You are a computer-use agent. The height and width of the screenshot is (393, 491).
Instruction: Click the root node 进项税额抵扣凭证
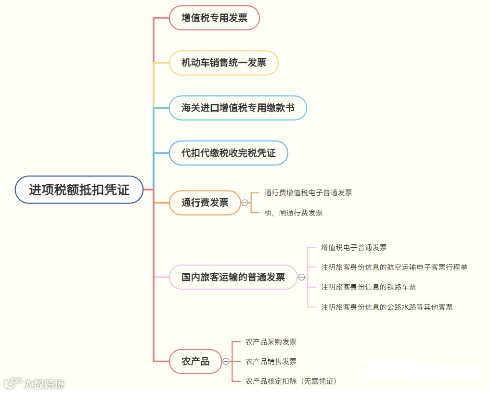(79, 190)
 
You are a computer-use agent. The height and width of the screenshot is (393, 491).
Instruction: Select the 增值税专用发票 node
(214, 18)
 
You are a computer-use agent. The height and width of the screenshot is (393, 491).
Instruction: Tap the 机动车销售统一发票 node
(223, 63)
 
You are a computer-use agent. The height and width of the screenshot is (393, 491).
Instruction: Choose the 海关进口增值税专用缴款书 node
(237, 108)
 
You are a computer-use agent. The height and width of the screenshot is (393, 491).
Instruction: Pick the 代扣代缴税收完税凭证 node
(228, 153)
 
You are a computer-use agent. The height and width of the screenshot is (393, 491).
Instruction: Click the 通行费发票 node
(205, 203)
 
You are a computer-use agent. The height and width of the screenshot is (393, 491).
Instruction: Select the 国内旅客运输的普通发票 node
(233, 277)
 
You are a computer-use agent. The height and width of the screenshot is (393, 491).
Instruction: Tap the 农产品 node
(195, 361)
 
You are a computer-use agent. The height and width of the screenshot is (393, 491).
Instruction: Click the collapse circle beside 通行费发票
(245, 203)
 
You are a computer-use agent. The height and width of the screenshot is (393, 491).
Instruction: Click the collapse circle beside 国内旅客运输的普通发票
(301, 277)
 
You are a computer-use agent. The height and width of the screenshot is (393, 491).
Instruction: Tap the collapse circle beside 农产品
(226, 361)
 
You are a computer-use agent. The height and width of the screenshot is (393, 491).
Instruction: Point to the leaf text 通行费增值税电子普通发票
(308, 193)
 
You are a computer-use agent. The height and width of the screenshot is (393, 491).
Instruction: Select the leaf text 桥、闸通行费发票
(293, 213)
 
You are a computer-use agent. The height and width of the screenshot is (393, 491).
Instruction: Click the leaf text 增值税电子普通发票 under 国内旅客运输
(353, 248)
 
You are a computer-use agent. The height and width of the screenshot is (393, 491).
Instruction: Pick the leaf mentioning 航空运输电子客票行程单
(394, 267)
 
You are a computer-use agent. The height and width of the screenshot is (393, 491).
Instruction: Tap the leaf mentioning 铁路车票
(368, 287)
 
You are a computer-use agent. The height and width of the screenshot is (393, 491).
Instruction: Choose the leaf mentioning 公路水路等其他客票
(387, 307)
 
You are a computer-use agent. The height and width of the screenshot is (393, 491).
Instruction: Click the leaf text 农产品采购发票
(271, 342)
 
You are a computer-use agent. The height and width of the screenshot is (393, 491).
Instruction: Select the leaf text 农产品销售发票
(271, 361)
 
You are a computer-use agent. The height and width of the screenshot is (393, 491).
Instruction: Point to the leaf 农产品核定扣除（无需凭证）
(291, 381)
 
